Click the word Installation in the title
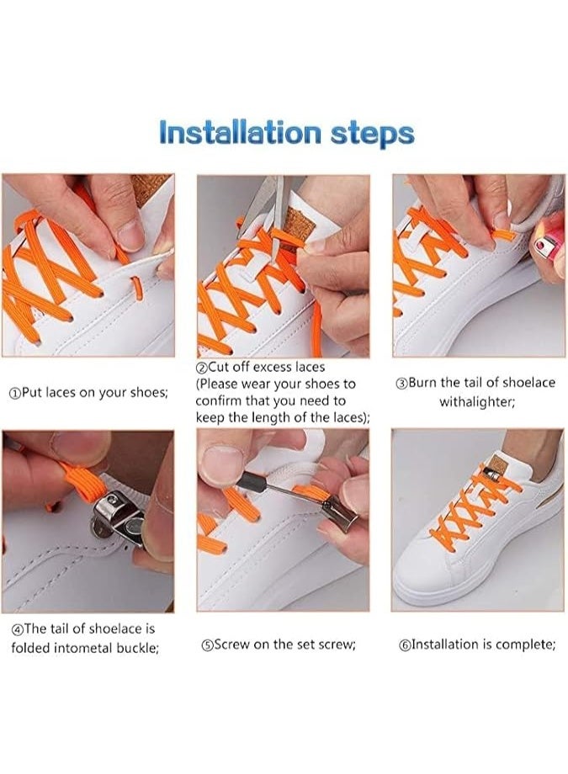point(241,132)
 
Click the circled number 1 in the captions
point(15,394)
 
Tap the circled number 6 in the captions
point(404,644)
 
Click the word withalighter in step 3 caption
point(476,402)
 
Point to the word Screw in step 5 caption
point(231,644)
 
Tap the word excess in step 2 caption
point(273,368)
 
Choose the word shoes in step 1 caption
point(149,393)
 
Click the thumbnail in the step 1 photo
point(130,235)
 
